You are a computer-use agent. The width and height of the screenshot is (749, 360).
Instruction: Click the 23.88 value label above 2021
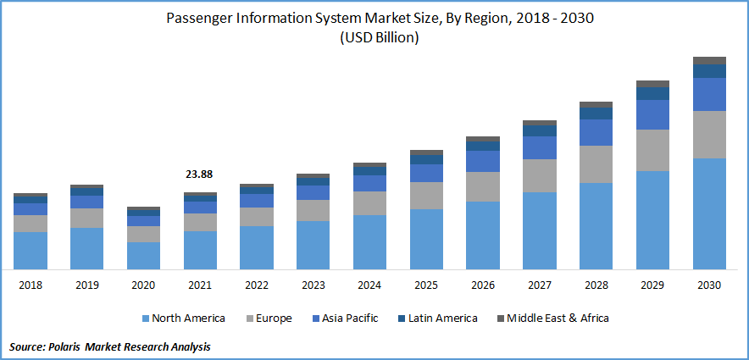[x=199, y=174]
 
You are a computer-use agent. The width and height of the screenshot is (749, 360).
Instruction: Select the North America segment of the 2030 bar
[x=709, y=213]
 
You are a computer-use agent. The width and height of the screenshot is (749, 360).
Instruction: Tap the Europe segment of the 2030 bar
[x=709, y=135]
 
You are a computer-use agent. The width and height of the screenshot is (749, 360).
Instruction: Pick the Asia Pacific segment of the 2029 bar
[x=652, y=114]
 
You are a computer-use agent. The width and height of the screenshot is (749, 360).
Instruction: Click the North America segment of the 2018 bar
[x=31, y=251]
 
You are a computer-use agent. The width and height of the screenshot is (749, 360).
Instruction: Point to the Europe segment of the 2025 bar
[x=426, y=196]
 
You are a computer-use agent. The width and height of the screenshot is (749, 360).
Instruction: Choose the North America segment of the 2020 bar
[x=143, y=256]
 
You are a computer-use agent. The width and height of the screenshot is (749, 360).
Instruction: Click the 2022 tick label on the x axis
[x=256, y=285]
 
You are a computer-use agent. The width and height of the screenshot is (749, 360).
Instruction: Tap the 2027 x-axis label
[x=539, y=285]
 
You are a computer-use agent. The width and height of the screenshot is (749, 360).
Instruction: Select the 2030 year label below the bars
[x=709, y=285]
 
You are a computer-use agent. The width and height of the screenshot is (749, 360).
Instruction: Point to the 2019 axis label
[x=86, y=285]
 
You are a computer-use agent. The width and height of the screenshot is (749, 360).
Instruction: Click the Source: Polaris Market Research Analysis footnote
[x=110, y=347]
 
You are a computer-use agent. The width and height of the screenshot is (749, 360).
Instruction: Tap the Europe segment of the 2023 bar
[x=313, y=210]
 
